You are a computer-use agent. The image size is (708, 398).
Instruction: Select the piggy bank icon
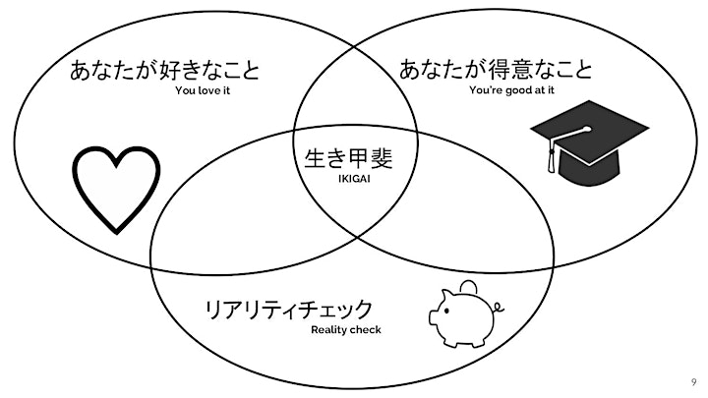coord(466,314)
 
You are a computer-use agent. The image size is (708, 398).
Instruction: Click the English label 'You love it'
coord(203,90)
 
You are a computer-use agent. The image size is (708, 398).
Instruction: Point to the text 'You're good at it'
coord(511,90)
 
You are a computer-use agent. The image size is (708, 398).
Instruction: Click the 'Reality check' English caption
coord(346,330)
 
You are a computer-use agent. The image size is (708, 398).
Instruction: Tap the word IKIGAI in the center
coord(354,179)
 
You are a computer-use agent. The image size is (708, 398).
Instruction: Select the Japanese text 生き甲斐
coord(348,158)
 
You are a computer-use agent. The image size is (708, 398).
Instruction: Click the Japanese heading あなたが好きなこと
coord(165,71)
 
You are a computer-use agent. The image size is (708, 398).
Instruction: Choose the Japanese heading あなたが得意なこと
coord(496,69)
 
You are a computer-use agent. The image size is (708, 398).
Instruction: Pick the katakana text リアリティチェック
coord(289,310)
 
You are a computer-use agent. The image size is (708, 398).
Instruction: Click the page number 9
coord(693,382)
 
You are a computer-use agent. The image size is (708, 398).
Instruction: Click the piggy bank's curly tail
coord(499,308)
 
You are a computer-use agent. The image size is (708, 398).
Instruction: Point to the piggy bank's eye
coord(446,311)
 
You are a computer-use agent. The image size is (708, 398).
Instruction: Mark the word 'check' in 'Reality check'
coord(365,330)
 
